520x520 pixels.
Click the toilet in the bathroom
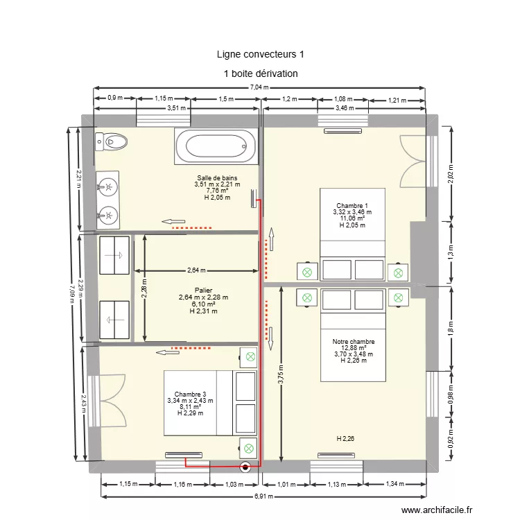point(111,143)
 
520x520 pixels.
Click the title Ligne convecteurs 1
point(260,53)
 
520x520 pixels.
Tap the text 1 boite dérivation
point(260,73)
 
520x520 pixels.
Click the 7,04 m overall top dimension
point(259,87)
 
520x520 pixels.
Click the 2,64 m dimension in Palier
point(196,270)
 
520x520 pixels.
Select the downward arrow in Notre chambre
point(272,337)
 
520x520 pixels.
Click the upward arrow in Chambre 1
point(272,239)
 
